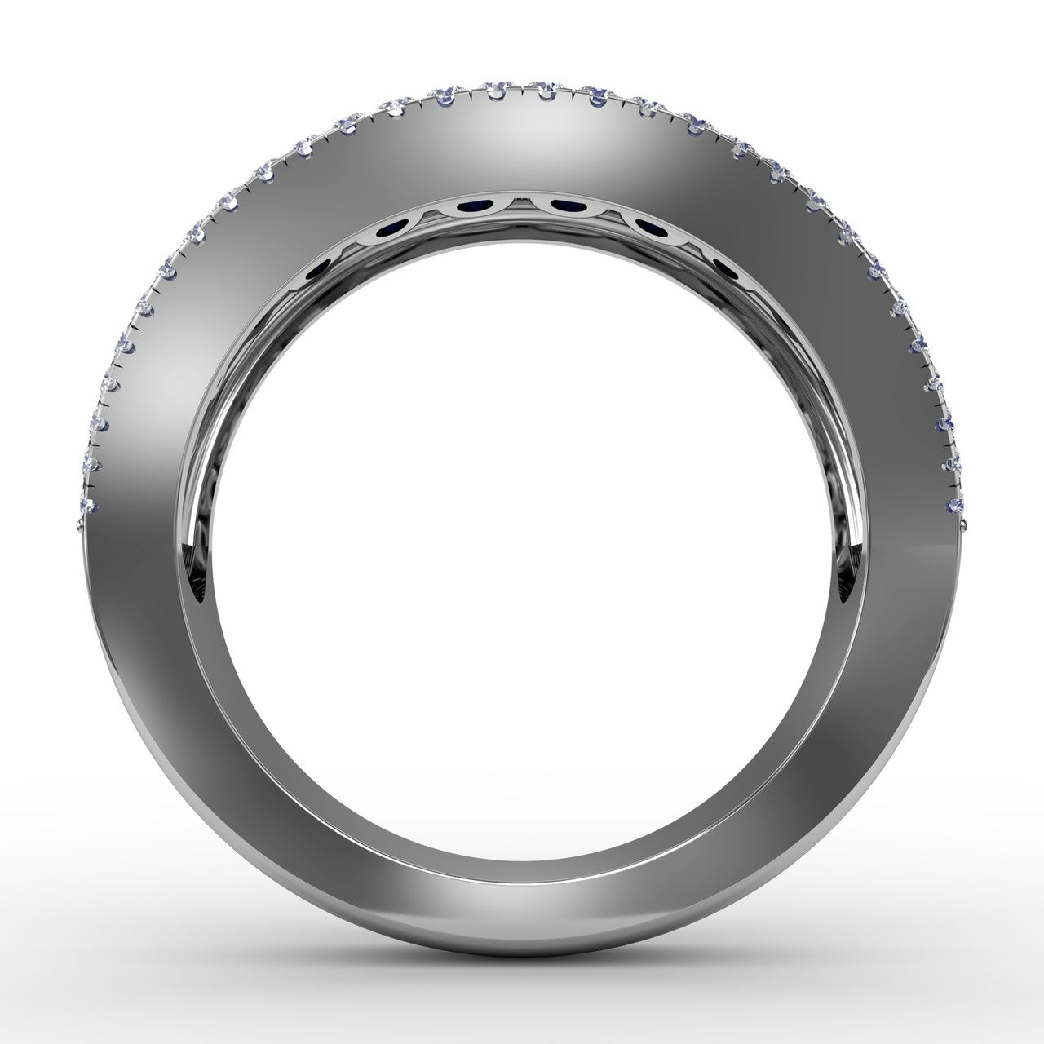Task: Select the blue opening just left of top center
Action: pyautogui.click(x=472, y=207)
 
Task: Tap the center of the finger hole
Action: pyautogui.click(x=522, y=546)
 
